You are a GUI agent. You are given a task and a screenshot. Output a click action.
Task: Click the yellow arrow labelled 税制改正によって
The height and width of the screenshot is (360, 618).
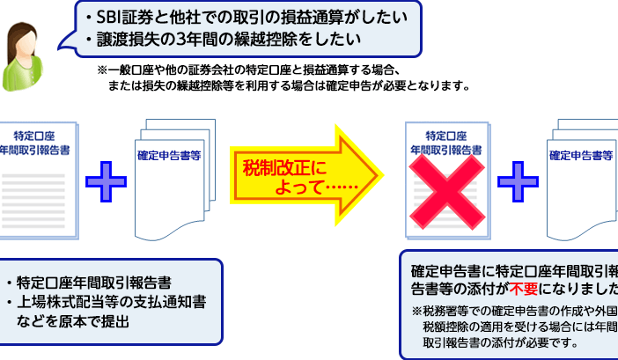coord(304,163)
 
